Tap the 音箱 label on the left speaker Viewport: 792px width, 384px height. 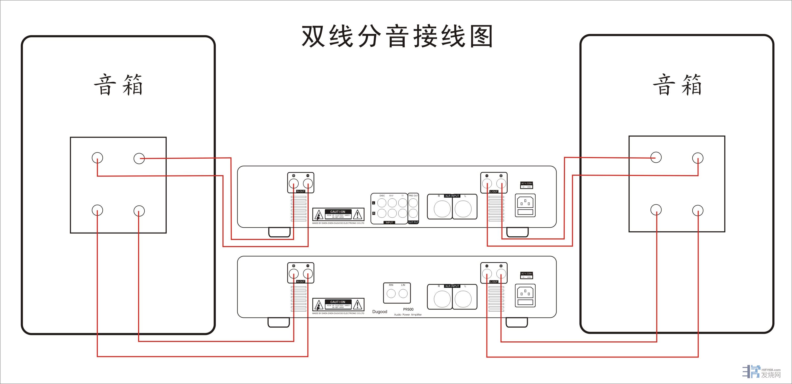point(118,85)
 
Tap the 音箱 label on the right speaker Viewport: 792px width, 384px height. point(677,85)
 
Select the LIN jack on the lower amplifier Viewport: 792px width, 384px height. point(403,293)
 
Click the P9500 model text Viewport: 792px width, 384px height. point(408,309)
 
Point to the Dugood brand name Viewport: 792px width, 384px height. point(380,311)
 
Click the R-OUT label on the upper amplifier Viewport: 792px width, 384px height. point(300,191)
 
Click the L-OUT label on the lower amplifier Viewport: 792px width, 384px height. point(494,281)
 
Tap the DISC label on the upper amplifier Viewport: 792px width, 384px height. point(382,196)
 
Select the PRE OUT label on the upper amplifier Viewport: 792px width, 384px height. point(413,196)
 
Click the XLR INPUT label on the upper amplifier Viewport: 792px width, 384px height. point(452,196)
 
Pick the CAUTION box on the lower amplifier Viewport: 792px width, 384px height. point(338,305)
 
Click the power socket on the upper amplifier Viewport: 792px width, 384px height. point(525,205)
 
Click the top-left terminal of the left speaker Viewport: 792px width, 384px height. point(97,158)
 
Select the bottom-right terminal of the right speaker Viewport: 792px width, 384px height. point(698,210)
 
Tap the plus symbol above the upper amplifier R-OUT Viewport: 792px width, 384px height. point(294,176)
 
